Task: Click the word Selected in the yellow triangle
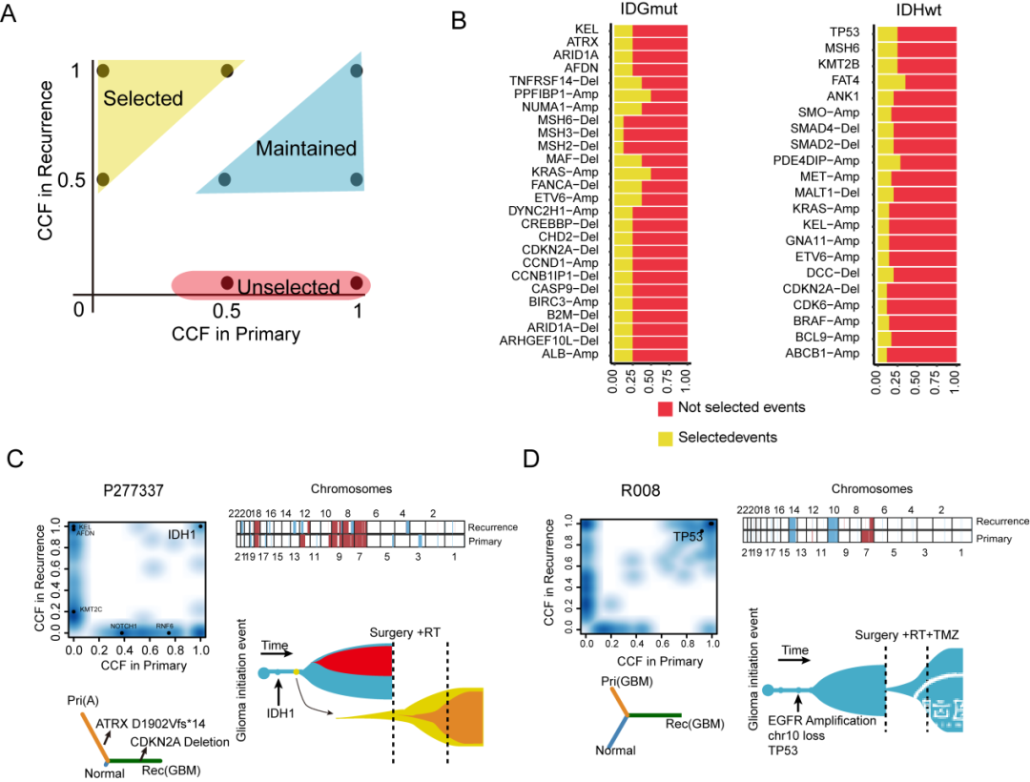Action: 143,98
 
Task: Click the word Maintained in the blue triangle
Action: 305,149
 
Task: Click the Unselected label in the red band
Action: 288,286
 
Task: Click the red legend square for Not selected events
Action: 665,408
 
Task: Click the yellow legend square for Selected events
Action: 665,437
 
